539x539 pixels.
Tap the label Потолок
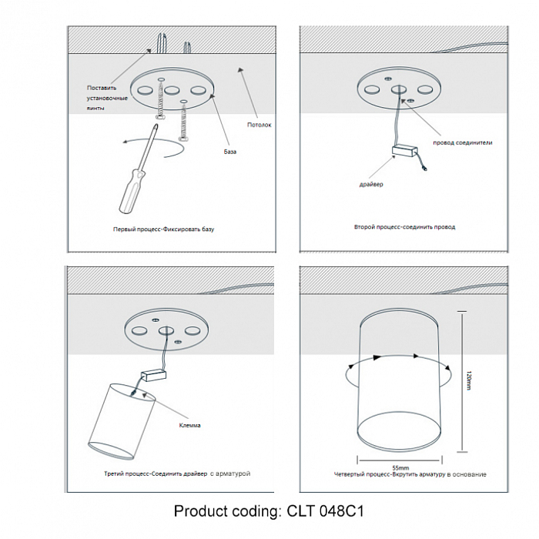(x=259, y=125)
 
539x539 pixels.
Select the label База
(x=230, y=152)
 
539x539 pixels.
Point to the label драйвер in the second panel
(x=370, y=185)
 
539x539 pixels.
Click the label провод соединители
(x=462, y=142)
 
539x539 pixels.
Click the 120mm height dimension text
(x=468, y=380)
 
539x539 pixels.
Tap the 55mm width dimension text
(x=400, y=467)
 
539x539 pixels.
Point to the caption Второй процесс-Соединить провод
(x=404, y=227)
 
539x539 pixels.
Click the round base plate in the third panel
(x=164, y=331)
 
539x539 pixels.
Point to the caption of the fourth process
(x=410, y=475)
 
